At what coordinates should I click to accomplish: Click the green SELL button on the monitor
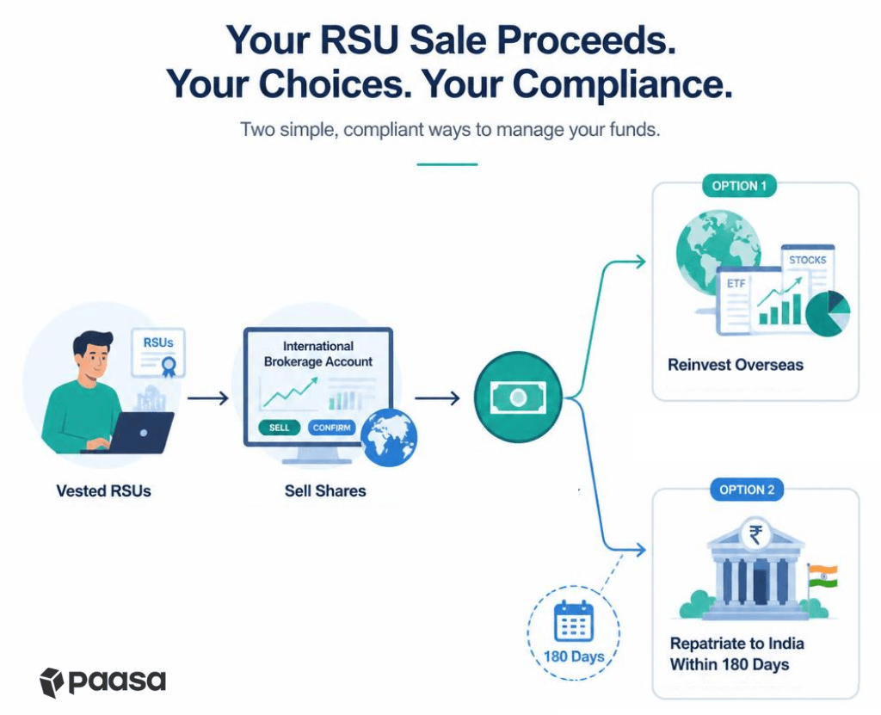(280, 428)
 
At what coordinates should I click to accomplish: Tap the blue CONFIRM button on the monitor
(331, 428)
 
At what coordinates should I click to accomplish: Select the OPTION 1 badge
(739, 186)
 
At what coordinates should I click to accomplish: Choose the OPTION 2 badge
(747, 490)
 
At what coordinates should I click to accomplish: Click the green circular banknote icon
(518, 398)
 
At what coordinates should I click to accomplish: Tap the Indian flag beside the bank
(822, 576)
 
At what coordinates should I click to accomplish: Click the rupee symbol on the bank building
(755, 534)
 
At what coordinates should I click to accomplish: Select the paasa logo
(103, 682)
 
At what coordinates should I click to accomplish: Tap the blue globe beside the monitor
(389, 438)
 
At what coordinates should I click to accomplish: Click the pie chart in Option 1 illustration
(828, 314)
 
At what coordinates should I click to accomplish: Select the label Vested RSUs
(103, 491)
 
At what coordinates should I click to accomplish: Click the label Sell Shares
(325, 491)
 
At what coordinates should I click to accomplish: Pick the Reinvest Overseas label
(736, 366)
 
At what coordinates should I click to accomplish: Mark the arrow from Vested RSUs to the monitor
(208, 398)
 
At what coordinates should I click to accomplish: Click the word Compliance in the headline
(623, 84)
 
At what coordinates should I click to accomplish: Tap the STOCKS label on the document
(807, 260)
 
